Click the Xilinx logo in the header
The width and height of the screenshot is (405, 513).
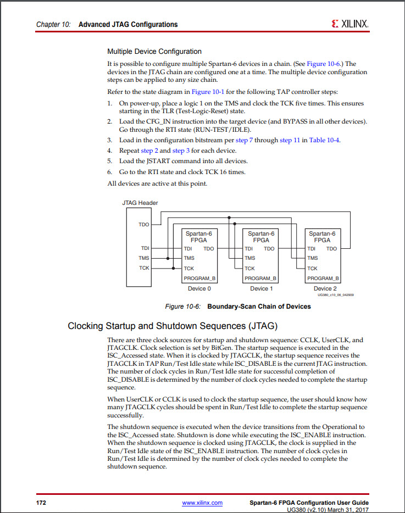(x=349, y=24)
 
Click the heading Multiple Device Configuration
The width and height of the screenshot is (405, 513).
(x=154, y=52)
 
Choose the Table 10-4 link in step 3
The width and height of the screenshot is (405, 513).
(x=324, y=140)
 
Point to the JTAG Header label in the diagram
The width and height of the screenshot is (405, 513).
(x=140, y=203)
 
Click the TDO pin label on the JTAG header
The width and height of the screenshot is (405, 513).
(x=143, y=225)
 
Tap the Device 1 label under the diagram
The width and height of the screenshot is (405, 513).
(x=259, y=288)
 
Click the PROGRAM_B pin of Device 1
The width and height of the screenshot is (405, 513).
(x=260, y=278)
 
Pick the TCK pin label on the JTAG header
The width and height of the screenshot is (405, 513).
(x=143, y=268)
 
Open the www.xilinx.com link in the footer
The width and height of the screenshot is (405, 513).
(x=202, y=503)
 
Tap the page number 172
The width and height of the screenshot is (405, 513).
(x=41, y=503)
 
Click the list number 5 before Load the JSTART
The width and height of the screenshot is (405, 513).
(x=109, y=161)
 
